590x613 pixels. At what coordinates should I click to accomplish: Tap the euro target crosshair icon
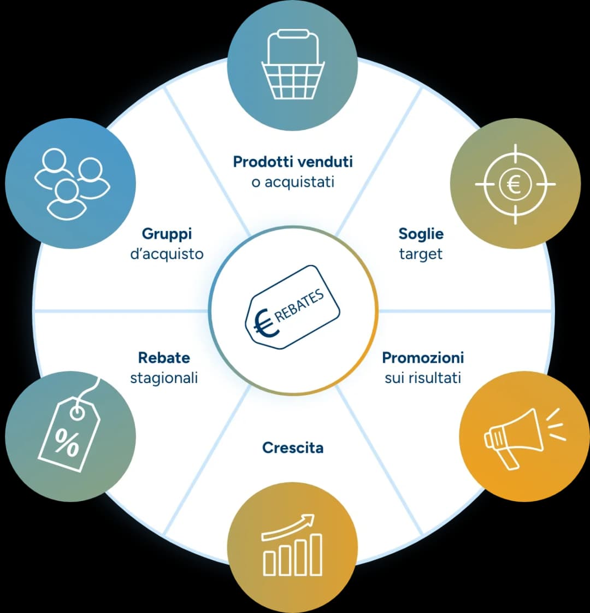pos(515,184)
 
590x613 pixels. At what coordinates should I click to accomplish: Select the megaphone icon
pos(524,438)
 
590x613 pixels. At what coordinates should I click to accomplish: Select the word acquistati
pos(299,182)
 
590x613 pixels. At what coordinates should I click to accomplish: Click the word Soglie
pos(421,234)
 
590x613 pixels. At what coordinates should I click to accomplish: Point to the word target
pos(421,255)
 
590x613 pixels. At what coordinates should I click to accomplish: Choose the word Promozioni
pos(423,358)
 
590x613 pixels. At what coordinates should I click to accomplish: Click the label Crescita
pos(293,447)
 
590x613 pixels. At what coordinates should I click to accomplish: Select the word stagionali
pos(164,379)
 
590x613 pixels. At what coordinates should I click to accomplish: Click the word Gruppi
pos(167,234)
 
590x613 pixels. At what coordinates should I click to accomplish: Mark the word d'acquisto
pos(167,254)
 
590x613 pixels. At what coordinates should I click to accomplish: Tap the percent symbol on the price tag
pos(67,443)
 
